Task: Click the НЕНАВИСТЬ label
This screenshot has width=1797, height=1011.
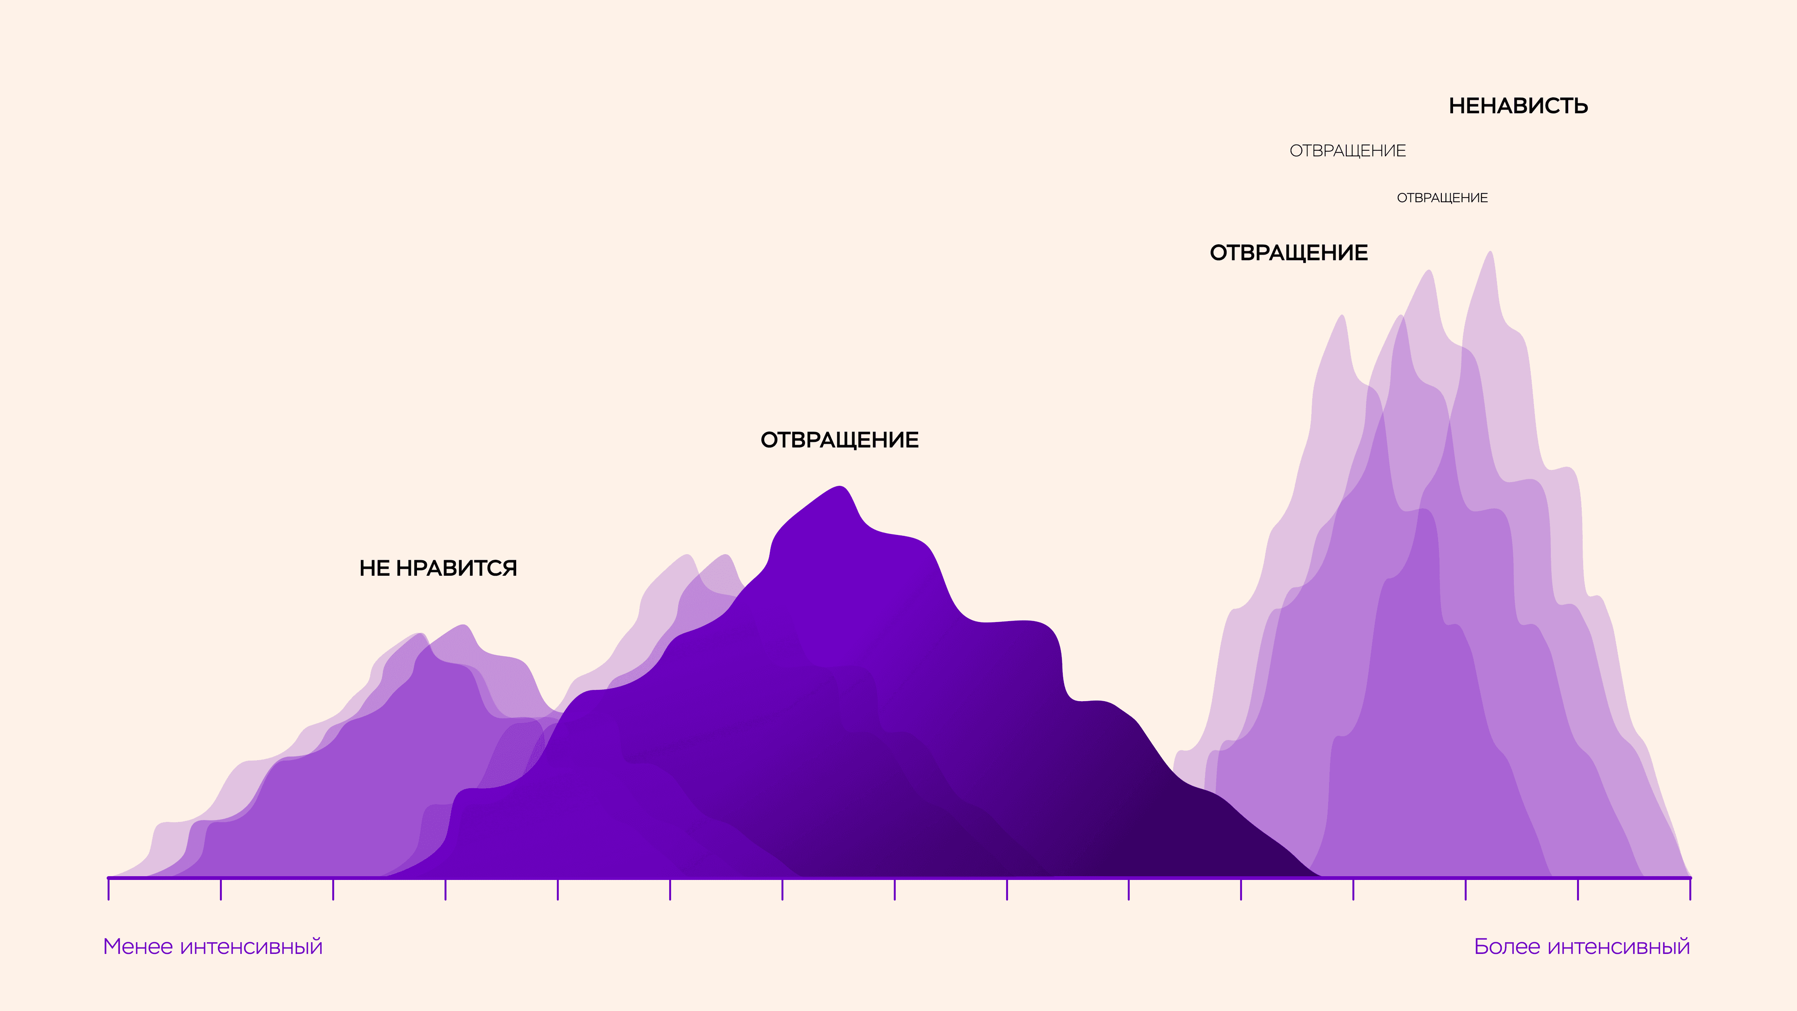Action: click(x=1518, y=106)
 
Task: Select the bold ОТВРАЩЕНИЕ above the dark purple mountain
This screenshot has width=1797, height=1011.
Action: click(x=839, y=440)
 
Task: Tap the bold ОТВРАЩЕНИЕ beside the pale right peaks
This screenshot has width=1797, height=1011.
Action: click(x=1288, y=253)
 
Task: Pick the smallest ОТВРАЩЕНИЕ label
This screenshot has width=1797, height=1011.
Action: click(x=1442, y=198)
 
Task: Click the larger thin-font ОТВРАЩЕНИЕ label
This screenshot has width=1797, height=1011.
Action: click(x=1347, y=151)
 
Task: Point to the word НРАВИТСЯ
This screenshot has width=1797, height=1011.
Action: click(x=456, y=569)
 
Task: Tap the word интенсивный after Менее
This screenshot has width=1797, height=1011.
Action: click(x=251, y=947)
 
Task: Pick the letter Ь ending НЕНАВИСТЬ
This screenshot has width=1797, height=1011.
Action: click(x=1579, y=106)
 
